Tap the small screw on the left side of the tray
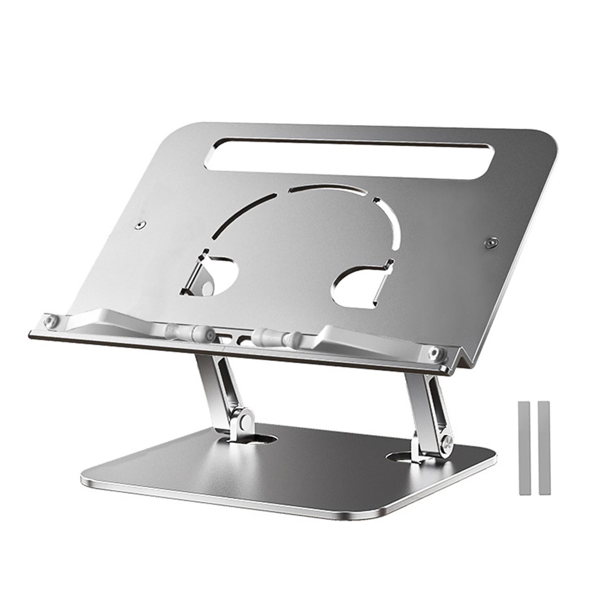pyautogui.click(x=140, y=225)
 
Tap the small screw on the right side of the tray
pyautogui.click(x=491, y=242)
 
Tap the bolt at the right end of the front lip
pyautogui.click(x=434, y=352)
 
